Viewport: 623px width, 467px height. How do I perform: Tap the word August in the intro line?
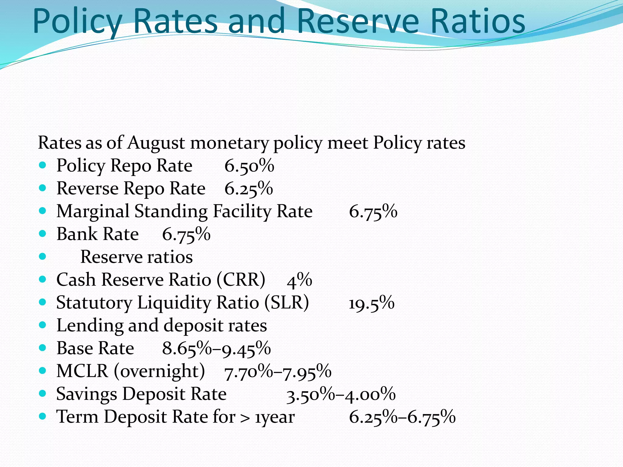(x=156, y=143)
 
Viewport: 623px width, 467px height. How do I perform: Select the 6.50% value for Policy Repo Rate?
(x=249, y=166)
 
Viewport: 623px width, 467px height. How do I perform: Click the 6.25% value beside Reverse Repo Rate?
(x=249, y=189)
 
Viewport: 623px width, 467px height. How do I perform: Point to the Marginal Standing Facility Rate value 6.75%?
(x=373, y=212)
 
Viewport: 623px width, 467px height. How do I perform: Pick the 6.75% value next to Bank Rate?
(x=186, y=234)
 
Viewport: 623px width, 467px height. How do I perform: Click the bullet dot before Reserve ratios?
(x=43, y=257)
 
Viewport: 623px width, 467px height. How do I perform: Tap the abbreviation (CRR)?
(x=241, y=279)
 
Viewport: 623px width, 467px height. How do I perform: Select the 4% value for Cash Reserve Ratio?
(x=299, y=280)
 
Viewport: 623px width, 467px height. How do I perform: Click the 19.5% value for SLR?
(x=371, y=303)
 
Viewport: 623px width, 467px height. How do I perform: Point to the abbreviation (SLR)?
(x=287, y=303)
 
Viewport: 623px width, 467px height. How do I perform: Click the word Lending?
(x=90, y=326)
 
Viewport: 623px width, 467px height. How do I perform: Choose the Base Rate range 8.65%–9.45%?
(x=216, y=348)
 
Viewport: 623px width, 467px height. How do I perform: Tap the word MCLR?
(x=82, y=371)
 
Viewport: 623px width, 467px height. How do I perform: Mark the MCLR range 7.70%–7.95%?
(x=277, y=372)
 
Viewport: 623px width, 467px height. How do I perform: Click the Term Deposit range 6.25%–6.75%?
(x=402, y=417)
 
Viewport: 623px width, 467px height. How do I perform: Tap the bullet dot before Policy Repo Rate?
(x=43, y=165)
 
